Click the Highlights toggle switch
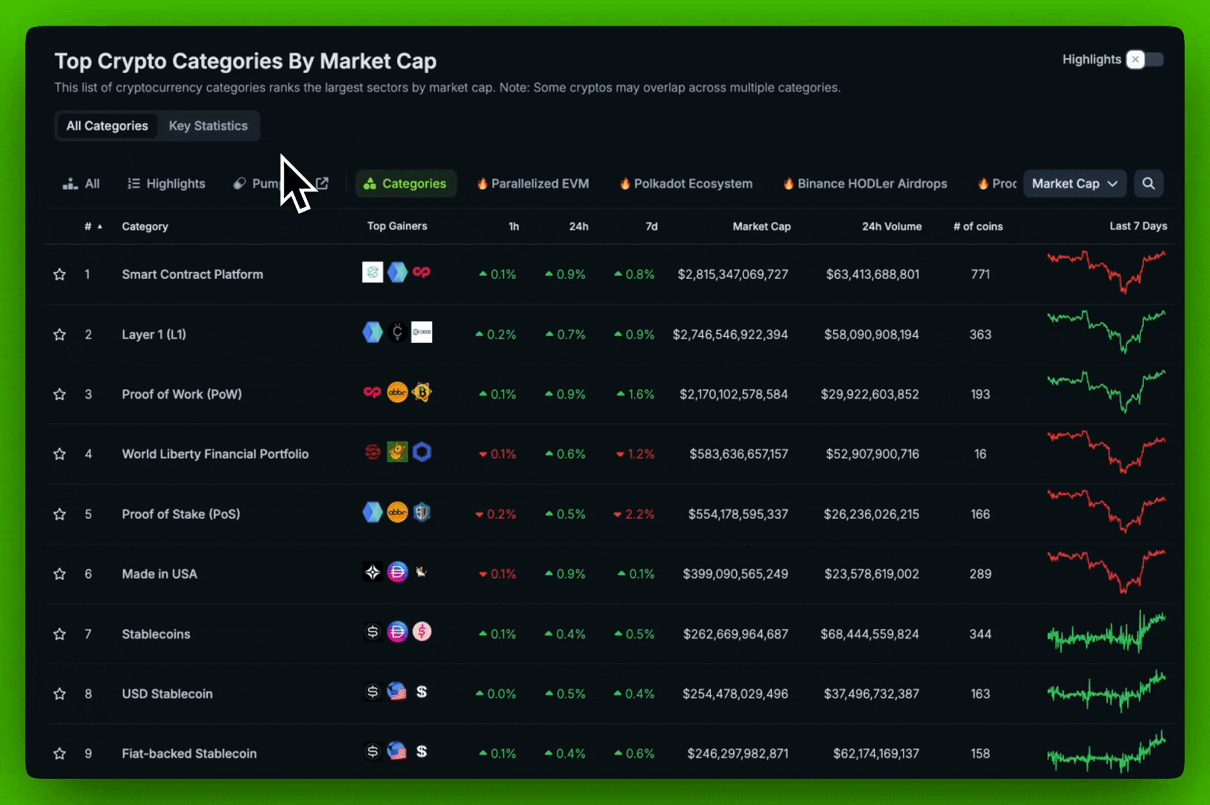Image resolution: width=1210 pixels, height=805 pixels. pyautogui.click(x=1144, y=60)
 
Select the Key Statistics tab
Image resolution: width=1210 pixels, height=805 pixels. pyautogui.click(x=208, y=126)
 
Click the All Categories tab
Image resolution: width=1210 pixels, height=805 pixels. pyautogui.click(x=107, y=126)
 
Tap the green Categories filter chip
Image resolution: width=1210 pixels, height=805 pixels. pyautogui.click(x=406, y=183)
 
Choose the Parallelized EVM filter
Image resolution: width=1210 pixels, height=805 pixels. pyautogui.click(x=533, y=183)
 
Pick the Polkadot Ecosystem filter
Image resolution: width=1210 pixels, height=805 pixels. pyautogui.click(x=686, y=183)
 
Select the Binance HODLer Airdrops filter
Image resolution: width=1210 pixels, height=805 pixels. pyautogui.click(x=865, y=183)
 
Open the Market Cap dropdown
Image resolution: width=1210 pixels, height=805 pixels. pyautogui.click(x=1074, y=183)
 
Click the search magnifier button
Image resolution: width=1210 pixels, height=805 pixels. pyautogui.click(x=1148, y=183)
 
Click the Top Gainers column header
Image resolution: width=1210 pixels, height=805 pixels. pyautogui.click(x=397, y=226)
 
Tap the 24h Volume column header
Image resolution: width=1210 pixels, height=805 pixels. pyautogui.click(x=892, y=227)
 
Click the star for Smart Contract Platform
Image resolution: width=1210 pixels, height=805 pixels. pyautogui.click(x=60, y=274)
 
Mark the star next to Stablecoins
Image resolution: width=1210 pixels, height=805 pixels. pyautogui.click(x=60, y=634)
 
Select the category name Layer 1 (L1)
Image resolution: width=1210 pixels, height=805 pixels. pyautogui.click(x=154, y=335)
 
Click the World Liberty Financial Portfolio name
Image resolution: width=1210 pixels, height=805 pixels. pyautogui.click(x=215, y=454)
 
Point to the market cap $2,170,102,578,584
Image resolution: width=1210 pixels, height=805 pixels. pyautogui.click(x=733, y=394)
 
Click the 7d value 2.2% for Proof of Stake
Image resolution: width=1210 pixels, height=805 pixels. pyautogui.click(x=635, y=514)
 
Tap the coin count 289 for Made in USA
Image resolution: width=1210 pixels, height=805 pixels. pyautogui.click(x=981, y=574)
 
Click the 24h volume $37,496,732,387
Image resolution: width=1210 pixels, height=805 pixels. pyautogui.click(x=871, y=694)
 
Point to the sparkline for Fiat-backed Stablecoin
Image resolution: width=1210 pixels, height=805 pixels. pyautogui.click(x=1106, y=754)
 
